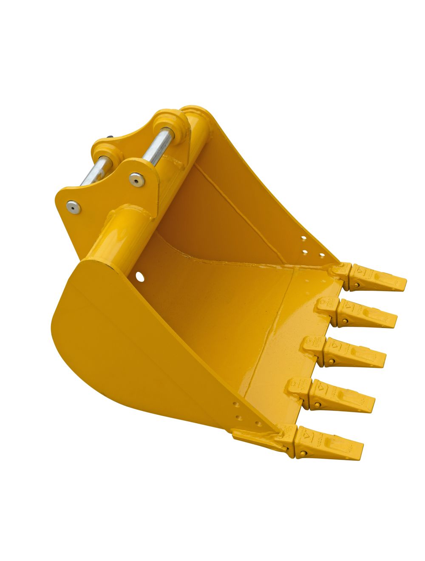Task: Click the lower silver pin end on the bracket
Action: tap(74, 207)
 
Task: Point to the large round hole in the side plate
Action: tap(139, 277)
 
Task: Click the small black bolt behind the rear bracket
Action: tap(111, 137)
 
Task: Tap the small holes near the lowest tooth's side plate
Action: tap(246, 414)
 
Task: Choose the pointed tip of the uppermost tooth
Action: tap(404, 281)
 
